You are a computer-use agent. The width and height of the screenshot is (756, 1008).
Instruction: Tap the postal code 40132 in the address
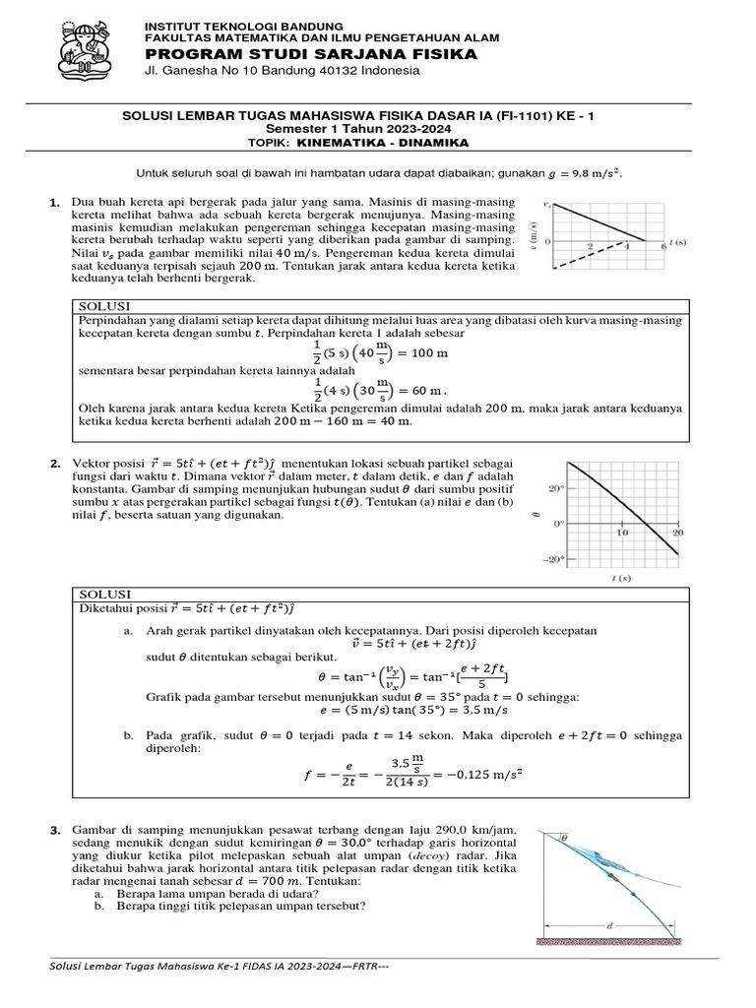312,71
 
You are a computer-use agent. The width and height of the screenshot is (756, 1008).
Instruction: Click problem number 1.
55,203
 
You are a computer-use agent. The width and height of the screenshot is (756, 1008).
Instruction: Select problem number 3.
55,834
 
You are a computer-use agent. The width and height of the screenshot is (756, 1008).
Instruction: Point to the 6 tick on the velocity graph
663,247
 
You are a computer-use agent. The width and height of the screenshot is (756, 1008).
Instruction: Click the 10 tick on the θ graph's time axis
622,533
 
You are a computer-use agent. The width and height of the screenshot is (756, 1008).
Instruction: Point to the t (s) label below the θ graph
621,579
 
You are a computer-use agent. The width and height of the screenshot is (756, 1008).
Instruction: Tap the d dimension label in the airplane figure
611,925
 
